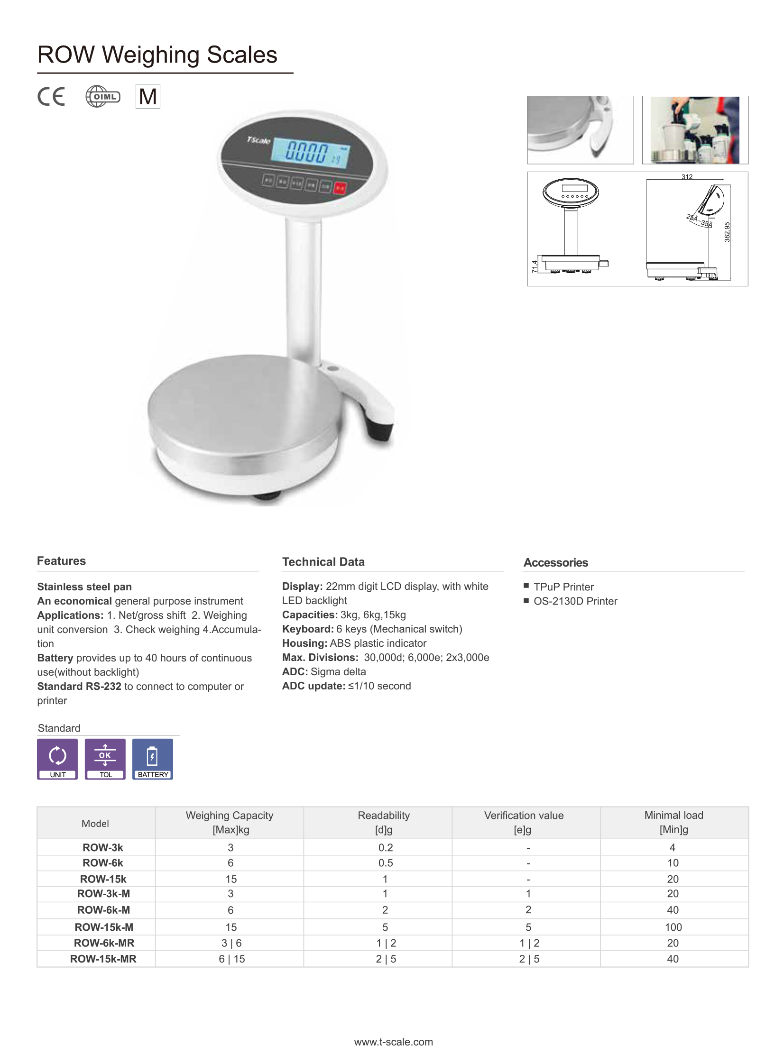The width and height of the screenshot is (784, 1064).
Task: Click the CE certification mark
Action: click(51, 96)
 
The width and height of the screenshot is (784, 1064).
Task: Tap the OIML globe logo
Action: click(102, 96)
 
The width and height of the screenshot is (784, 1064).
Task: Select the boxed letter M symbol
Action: click(148, 96)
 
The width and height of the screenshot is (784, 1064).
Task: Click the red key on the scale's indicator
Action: click(340, 188)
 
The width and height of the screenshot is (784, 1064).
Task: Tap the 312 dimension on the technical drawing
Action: click(686, 177)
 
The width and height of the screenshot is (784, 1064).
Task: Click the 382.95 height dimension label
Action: click(727, 232)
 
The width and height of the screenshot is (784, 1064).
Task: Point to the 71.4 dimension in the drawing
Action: click(535, 266)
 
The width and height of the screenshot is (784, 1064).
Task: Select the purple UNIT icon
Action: click(57, 759)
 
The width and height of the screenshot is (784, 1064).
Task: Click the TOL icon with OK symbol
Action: click(105, 759)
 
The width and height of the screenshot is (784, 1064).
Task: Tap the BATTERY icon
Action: click(152, 759)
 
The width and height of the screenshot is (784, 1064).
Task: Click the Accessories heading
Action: click(555, 563)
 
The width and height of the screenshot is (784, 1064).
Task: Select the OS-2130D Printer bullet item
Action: click(575, 601)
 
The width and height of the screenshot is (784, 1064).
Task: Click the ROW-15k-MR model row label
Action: click(103, 959)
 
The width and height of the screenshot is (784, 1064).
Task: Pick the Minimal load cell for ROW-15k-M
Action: click(673, 927)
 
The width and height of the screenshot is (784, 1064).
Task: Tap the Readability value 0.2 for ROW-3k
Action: click(385, 847)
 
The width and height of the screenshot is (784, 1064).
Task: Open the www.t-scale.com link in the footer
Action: click(394, 1042)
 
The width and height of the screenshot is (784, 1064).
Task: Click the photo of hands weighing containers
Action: click(695, 130)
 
